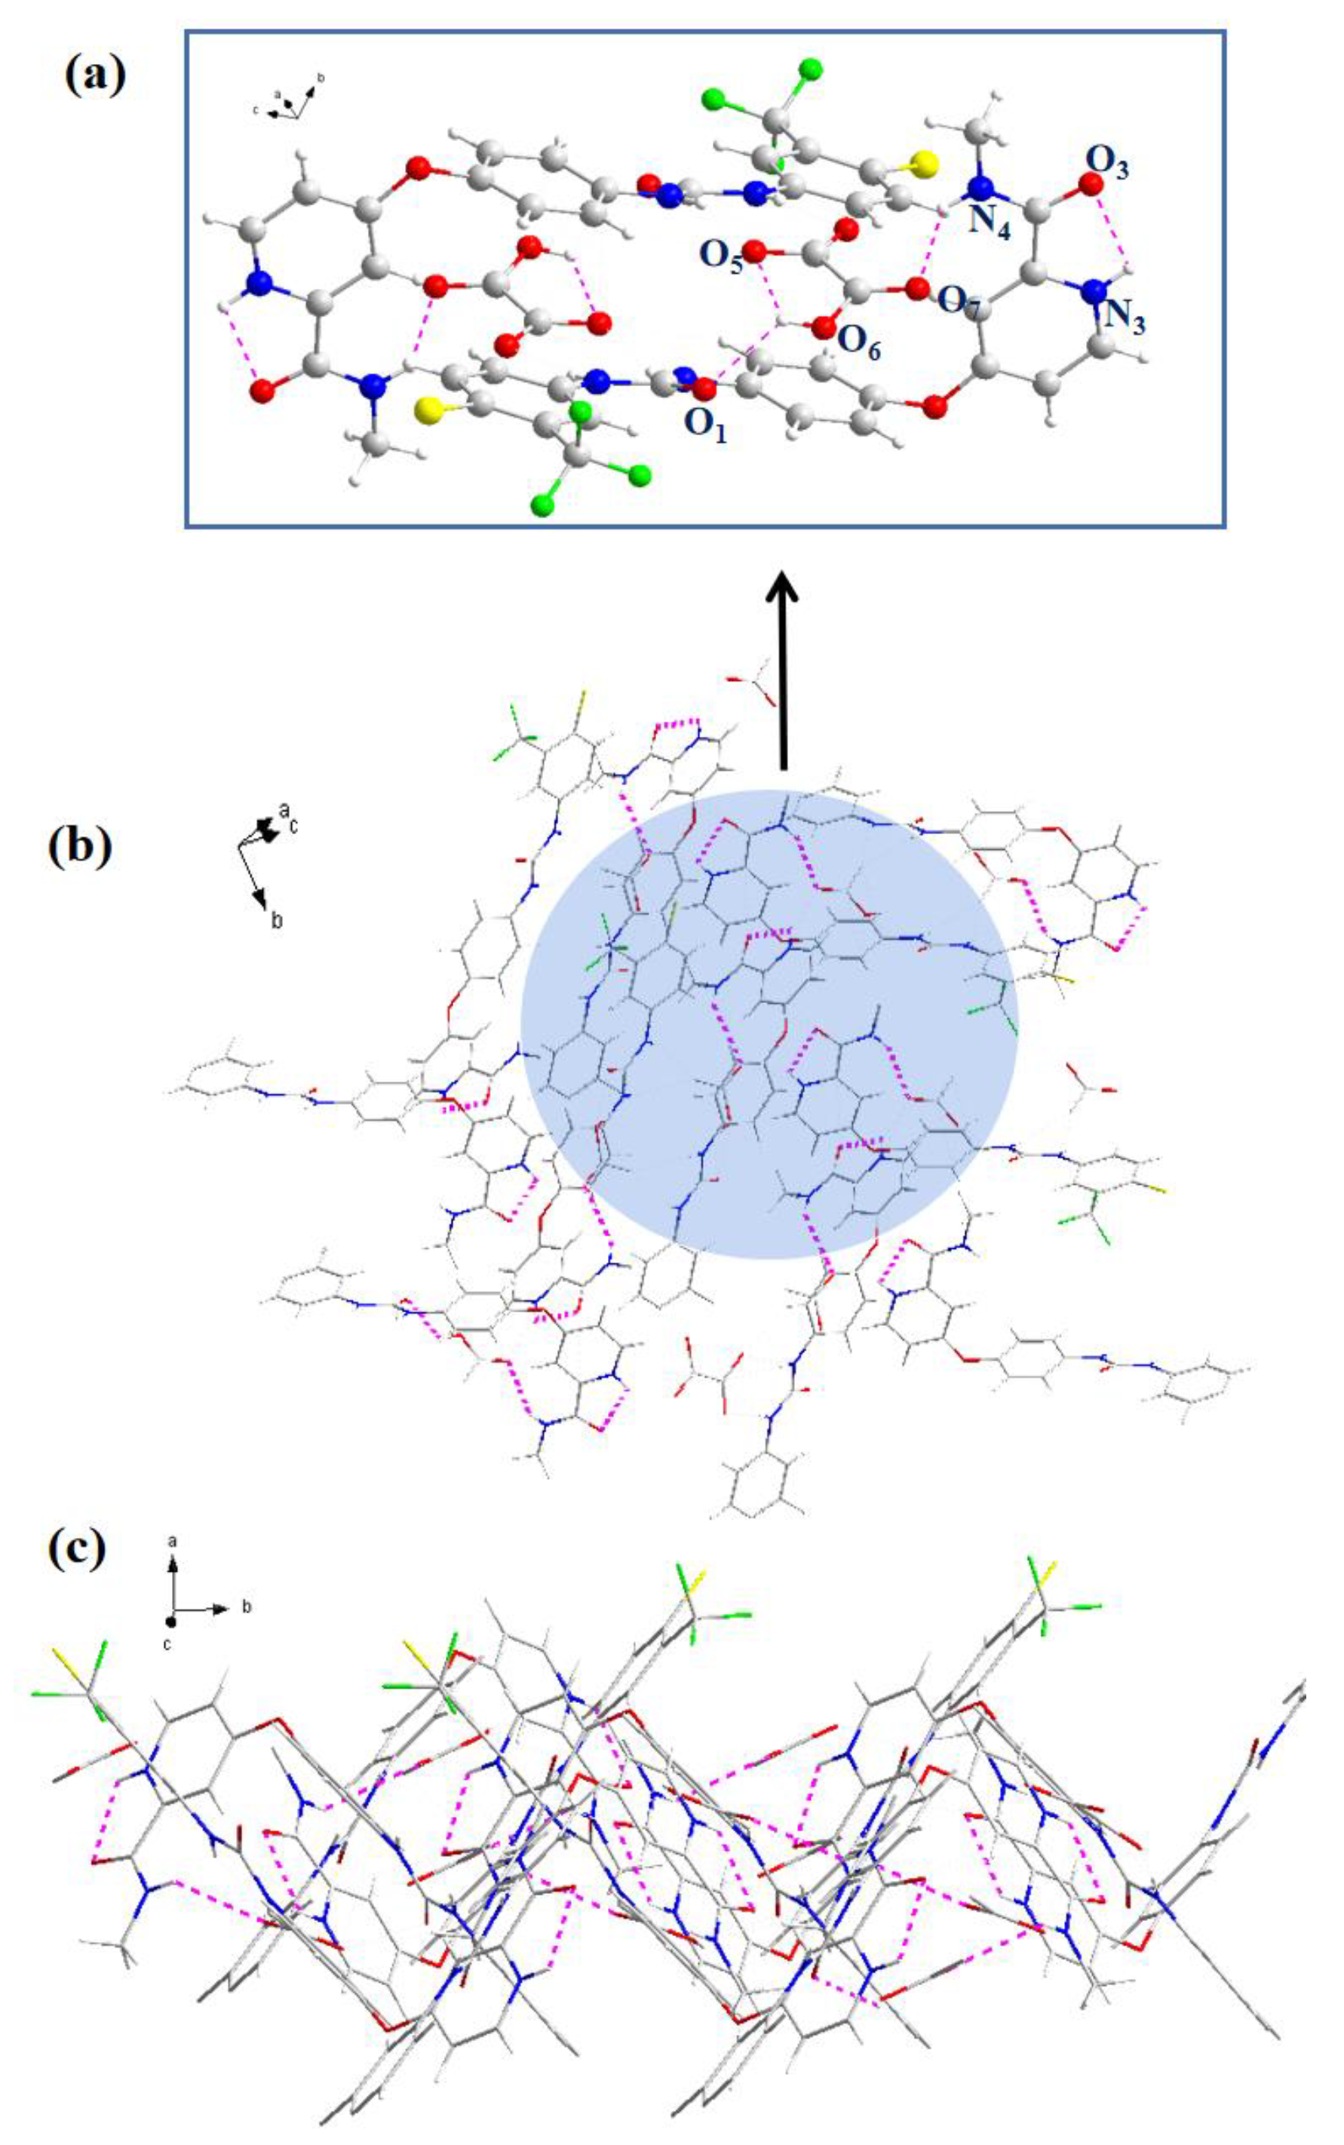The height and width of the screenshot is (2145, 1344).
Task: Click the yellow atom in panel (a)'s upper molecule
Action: point(925,164)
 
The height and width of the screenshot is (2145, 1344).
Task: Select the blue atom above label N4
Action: point(980,189)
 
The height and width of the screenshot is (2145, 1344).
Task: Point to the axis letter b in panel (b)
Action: point(278,920)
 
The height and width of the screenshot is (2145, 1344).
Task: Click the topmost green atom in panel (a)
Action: point(810,69)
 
